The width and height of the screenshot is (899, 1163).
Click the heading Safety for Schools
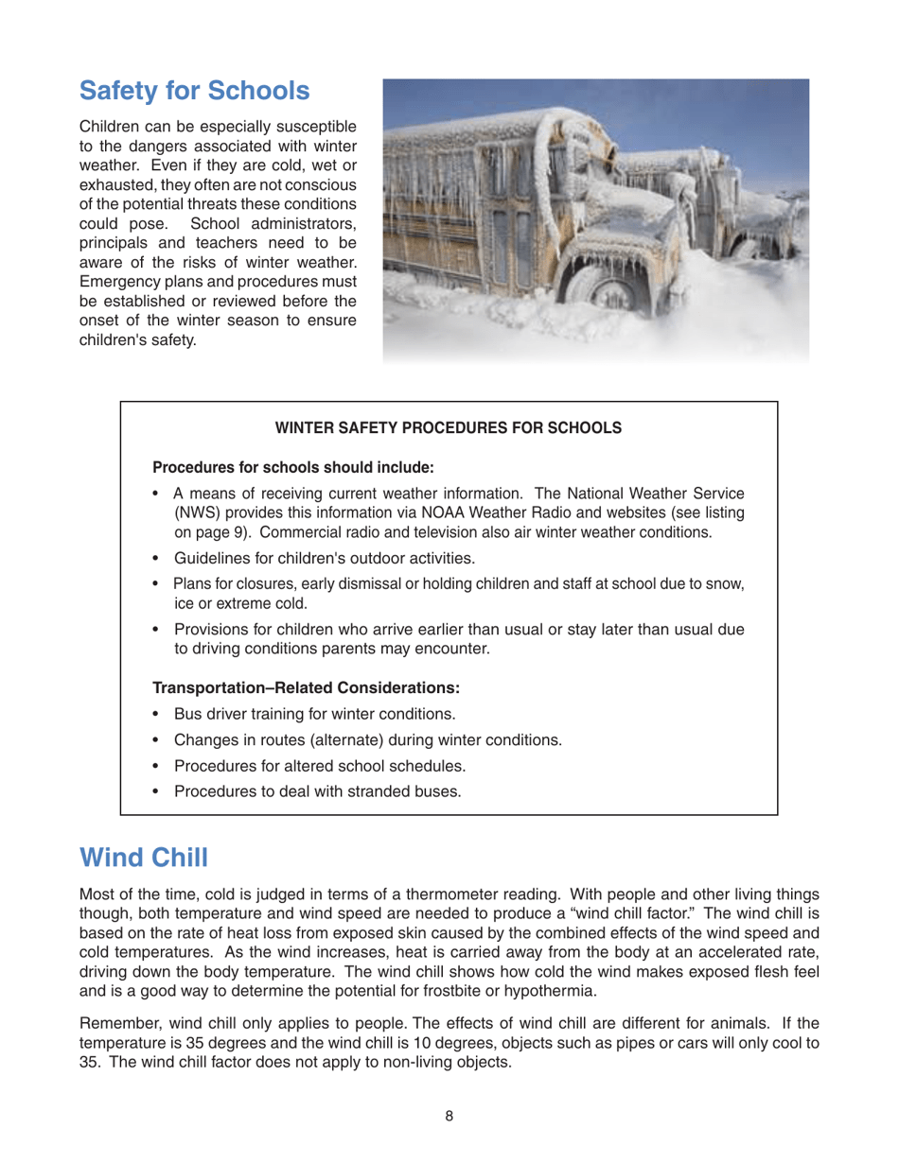click(194, 92)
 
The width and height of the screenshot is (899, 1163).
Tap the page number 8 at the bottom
click(449, 1116)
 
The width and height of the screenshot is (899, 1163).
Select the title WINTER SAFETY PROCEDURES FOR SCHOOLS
click(448, 428)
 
